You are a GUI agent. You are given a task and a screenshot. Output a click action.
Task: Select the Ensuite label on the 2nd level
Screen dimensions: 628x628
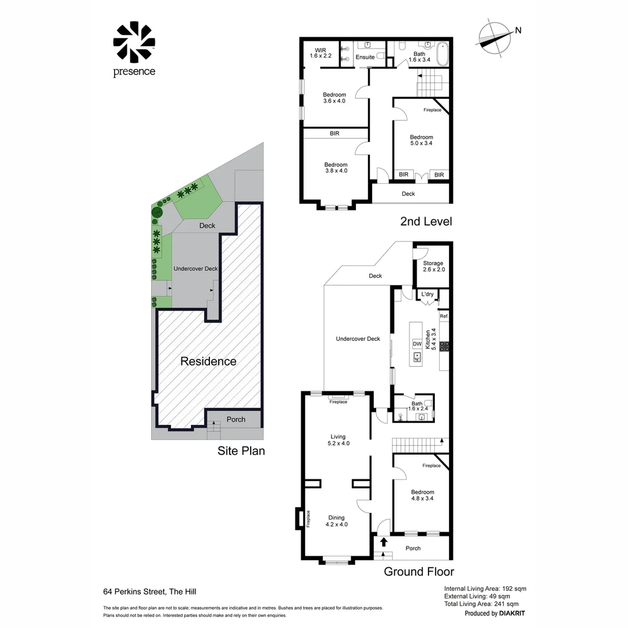click(365, 57)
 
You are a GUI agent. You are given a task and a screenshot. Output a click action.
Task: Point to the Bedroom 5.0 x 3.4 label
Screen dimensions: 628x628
click(421, 140)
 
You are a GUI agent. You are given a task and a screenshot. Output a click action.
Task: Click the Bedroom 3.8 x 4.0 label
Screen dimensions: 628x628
click(336, 167)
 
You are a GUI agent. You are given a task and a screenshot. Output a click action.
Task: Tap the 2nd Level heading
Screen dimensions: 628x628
click(426, 222)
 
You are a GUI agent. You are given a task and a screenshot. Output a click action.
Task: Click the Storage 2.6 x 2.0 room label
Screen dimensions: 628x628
click(433, 266)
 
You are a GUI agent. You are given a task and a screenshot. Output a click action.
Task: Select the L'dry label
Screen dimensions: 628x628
click(427, 294)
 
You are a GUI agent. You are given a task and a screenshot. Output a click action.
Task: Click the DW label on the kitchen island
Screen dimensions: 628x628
click(417, 344)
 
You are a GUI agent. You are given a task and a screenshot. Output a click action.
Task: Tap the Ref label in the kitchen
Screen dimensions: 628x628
click(444, 316)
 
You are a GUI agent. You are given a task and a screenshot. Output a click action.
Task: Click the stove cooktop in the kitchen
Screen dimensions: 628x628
click(445, 347)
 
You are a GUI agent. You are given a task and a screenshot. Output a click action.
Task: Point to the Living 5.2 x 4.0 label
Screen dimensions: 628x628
click(338, 440)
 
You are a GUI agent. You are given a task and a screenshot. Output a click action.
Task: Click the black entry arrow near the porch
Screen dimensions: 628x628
click(383, 542)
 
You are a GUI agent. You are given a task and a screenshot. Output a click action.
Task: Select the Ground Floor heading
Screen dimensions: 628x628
click(419, 572)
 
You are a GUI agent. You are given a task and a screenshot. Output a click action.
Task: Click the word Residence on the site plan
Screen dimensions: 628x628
click(208, 361)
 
